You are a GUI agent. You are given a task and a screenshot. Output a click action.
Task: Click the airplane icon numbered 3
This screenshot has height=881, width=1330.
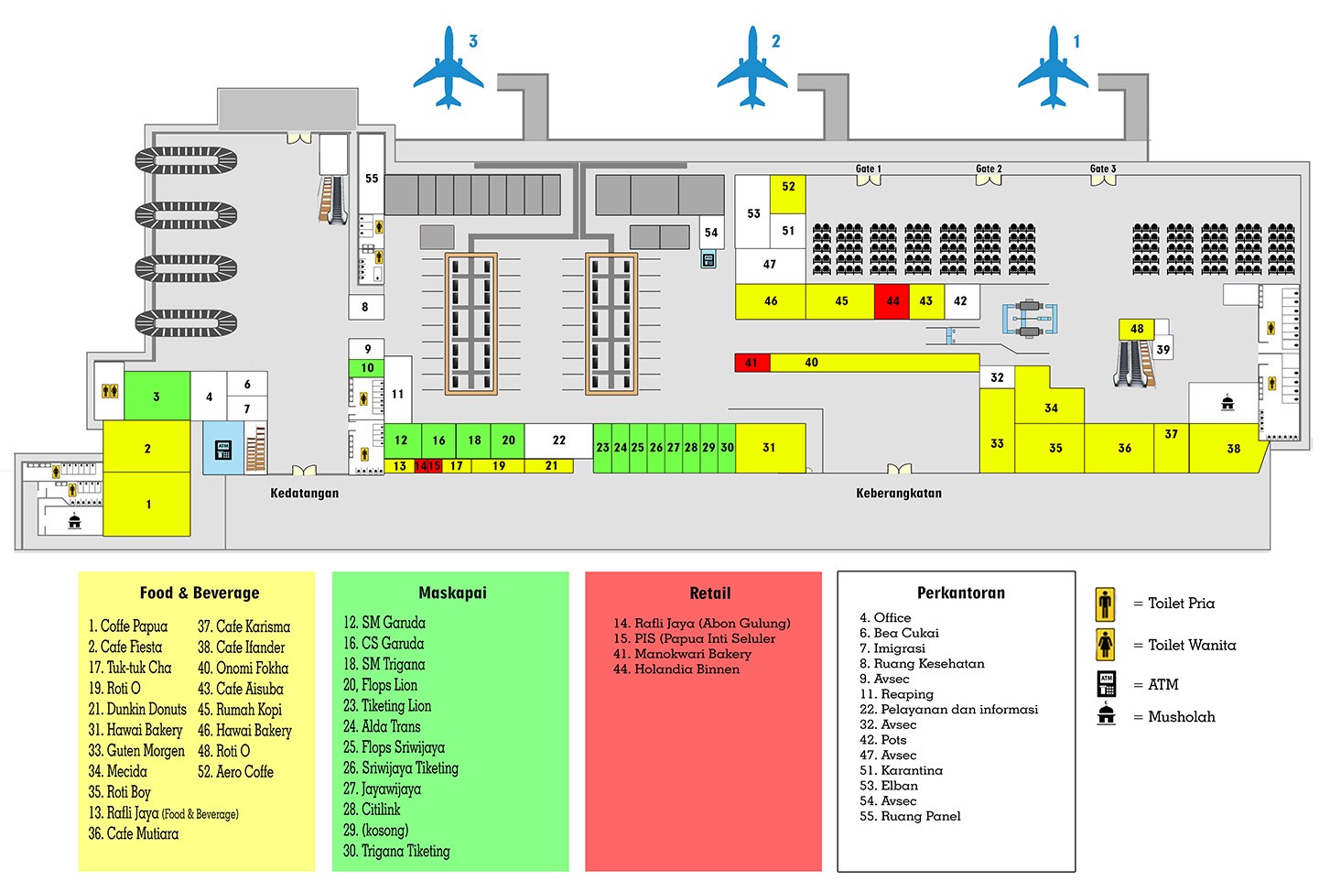tap(448, 68)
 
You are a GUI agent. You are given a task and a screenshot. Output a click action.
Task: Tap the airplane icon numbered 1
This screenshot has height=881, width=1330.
tap(1054, 68)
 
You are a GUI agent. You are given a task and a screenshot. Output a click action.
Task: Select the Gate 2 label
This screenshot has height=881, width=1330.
tap(989, 169)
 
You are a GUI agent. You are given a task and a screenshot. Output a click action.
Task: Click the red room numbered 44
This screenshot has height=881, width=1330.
tap(892, 300)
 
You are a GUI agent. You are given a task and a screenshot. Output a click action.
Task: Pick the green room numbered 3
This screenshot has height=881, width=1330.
tap(157, 396)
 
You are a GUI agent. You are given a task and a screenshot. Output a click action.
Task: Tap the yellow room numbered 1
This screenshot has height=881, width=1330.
tap(147, 504)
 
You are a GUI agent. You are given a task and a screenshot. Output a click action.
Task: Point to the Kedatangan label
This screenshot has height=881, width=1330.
tap(304, 493)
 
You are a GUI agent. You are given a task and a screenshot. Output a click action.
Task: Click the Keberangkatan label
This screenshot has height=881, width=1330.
tap(898, 493)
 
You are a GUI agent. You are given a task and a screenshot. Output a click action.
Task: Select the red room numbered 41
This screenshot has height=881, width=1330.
tap(752, 363)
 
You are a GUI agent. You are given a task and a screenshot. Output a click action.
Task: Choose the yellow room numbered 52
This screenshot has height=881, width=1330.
tap(788, 187)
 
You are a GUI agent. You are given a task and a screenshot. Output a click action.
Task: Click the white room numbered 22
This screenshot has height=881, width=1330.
tap(558, 440)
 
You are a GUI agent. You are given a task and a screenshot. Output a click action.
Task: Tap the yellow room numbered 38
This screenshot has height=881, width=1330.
tap(1232, 448)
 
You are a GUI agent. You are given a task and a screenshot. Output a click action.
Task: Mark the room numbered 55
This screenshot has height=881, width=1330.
tap(371, 179)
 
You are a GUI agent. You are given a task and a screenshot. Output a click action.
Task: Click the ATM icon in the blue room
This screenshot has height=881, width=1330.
tap(222, 450)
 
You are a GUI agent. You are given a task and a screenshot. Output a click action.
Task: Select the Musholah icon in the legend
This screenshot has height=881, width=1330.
tap(1106, 715)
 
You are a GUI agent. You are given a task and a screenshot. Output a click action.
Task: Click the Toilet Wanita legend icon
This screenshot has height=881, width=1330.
tap(1106, 645)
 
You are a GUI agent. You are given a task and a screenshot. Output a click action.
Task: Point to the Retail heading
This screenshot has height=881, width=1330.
tap(709, 593)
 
